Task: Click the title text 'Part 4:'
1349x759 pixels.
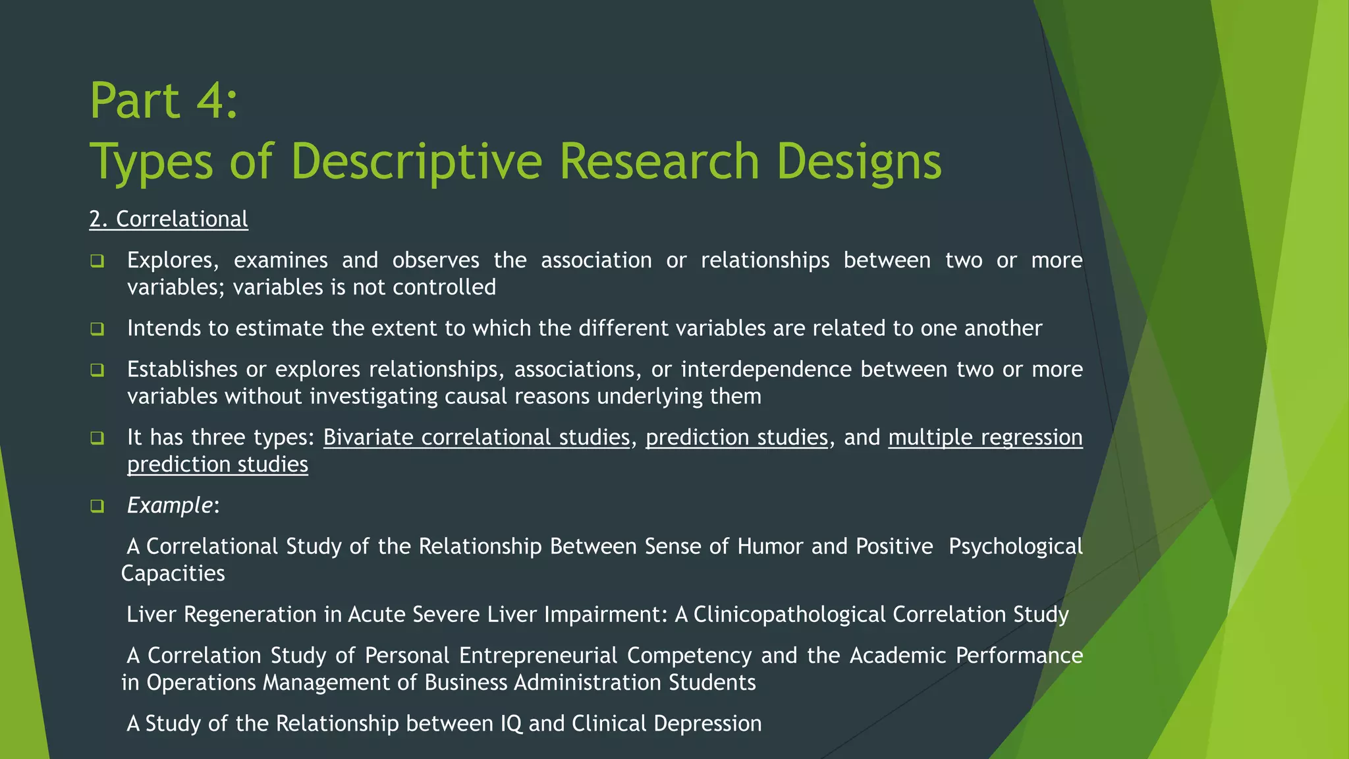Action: (x=163, y=101)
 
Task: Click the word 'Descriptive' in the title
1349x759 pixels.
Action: (x=416, y=161)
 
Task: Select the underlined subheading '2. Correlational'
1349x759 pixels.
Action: (x=169, y=219)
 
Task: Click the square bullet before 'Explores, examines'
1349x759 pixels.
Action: (x=97, y=262)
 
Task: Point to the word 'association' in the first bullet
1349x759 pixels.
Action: (x=596, y=260)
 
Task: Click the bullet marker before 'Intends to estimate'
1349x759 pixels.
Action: (x=97, y=329)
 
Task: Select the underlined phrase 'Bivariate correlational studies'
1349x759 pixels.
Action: (x=476, y=437)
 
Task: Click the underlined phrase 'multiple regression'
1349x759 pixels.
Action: (x=985, y=437)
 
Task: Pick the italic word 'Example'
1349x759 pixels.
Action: (x=169, y=505)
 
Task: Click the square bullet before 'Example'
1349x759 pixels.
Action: (x=97, y=507)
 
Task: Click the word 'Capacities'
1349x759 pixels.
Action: (x=173, y=574)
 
